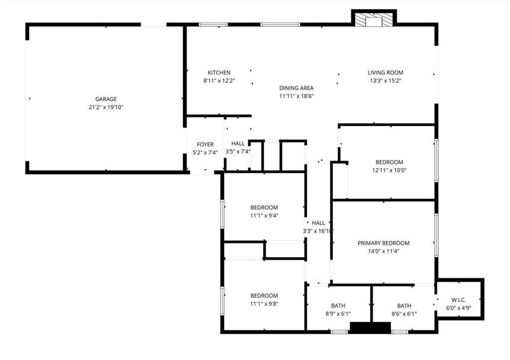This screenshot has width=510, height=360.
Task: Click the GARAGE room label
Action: [x=106, y=99]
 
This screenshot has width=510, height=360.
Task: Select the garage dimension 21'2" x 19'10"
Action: [x=106, y=107]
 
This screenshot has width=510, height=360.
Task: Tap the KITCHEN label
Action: [x=219, y=73]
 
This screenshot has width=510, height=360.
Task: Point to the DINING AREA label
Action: [x=296, y=88]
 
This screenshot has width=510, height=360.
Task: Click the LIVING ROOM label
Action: [x=385, y=73]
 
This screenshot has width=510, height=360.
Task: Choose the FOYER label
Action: [x=205, y=145]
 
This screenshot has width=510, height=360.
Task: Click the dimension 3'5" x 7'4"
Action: [x=238, y=152]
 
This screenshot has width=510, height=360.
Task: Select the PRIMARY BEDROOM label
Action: [x=383, y=243]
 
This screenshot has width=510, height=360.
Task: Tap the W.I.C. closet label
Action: [x=458, y=300]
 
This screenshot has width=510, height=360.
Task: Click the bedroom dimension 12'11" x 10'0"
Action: [x=389, y=170]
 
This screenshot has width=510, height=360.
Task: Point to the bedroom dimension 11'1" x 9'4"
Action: [x=264, y=216]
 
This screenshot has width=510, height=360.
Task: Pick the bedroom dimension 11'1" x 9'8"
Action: [x=264, y=304]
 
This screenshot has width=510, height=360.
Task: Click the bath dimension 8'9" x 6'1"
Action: [x=338, y=314]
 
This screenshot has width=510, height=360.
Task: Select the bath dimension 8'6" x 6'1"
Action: [x=404, y=314]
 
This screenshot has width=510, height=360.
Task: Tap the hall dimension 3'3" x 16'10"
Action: [x=318, y=231]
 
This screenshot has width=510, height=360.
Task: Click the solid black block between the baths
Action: [x=370, y=328]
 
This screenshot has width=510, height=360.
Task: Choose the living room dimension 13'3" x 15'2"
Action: [x=385, y=81]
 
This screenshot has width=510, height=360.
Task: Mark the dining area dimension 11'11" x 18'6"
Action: [x=296, y=96]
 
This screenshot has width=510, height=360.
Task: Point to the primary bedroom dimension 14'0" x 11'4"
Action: [x=383, y=251]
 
